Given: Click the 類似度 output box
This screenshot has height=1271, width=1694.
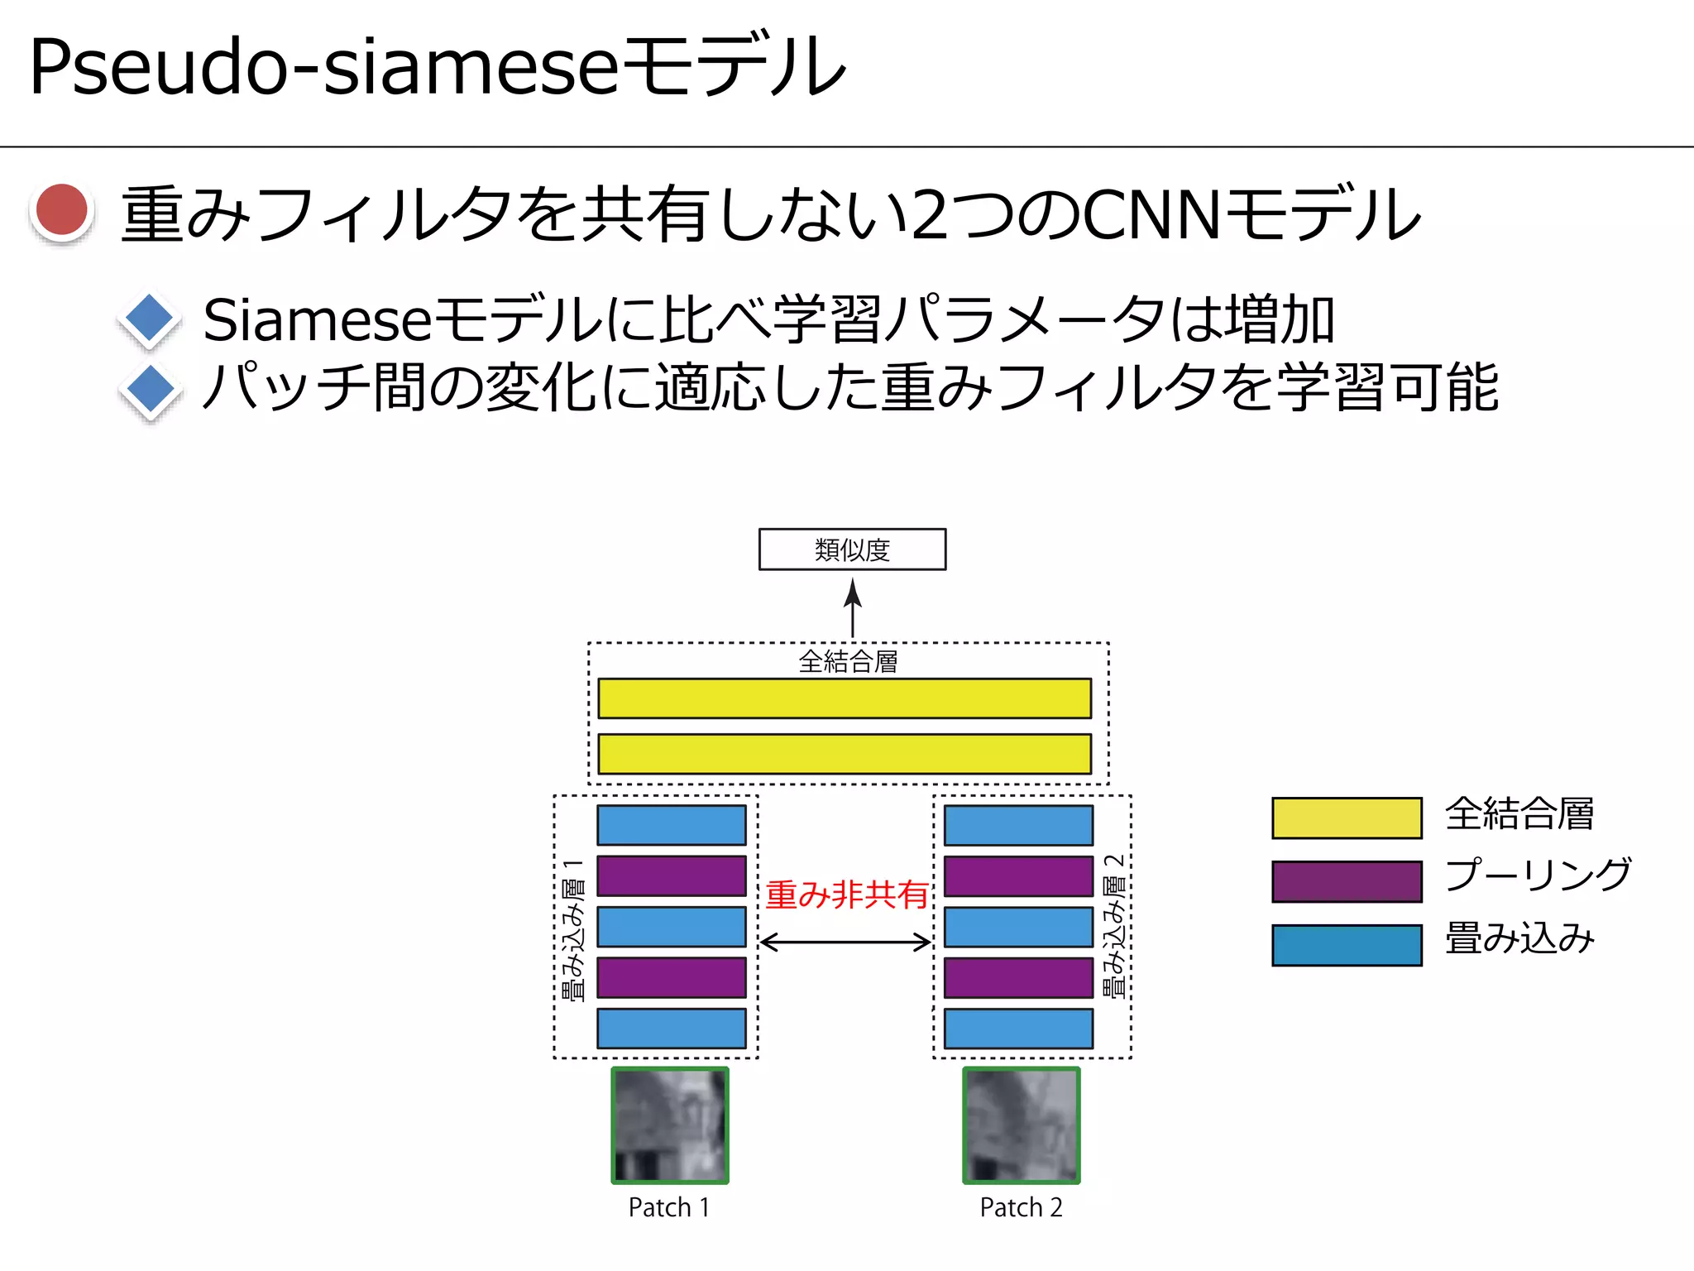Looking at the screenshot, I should [852, 549].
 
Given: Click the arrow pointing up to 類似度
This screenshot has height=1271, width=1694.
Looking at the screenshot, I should [853, 607].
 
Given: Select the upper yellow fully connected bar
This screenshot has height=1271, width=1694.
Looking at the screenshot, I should [844, 698].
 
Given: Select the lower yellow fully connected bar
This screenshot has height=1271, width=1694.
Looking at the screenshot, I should [844, 754].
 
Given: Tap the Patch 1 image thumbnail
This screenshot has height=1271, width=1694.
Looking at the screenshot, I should [670, 1125].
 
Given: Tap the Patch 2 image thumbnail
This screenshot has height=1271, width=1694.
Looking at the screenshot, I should [1022, 1125].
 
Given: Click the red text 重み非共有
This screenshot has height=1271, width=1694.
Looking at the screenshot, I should [846, 895].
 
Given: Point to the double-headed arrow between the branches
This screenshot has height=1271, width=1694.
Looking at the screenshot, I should [845, 942].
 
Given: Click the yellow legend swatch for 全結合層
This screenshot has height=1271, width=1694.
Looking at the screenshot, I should [1347, 818].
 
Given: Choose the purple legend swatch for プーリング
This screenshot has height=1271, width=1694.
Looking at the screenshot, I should [1347, 881].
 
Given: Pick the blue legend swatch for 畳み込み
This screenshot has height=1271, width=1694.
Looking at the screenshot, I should [1347, 945].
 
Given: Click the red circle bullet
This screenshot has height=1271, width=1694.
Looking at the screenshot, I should [62, 211].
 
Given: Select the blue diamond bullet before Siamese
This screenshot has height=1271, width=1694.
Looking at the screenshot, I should [150, 319].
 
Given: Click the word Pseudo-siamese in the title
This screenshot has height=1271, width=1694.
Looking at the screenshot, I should [323, 66].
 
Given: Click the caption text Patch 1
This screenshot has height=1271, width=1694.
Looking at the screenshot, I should [669, 1208].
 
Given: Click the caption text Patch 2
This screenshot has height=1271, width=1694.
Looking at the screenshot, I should [1021, 1208].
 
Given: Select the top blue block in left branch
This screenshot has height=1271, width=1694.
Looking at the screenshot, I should [671, 825].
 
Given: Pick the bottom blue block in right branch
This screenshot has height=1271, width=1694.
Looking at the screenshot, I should [1018, 1029].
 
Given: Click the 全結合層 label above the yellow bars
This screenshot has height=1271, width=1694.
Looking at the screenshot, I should [848, 662].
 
